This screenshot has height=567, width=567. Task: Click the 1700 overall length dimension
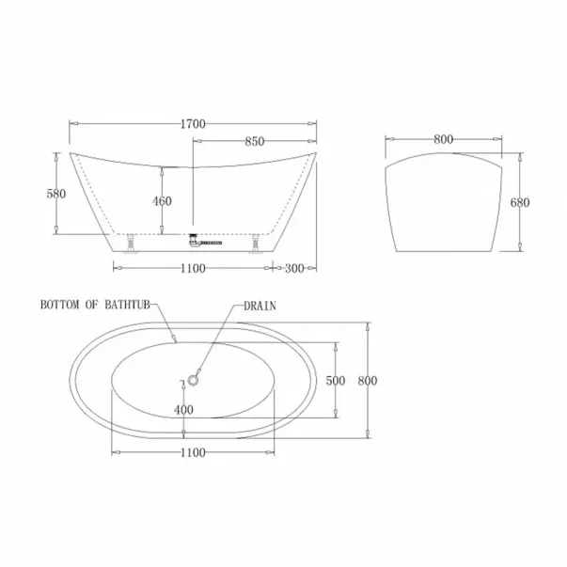193,124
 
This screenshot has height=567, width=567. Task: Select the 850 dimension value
255,141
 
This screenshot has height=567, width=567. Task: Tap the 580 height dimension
56,194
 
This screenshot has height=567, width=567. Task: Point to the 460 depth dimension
162,201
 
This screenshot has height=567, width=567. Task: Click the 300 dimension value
294,269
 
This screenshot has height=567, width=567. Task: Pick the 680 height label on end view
520,202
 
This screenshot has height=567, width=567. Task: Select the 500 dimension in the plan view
335,381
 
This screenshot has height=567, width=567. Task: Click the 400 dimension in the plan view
183,410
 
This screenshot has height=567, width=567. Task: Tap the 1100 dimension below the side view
193,269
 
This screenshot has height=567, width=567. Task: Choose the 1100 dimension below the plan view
193,452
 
